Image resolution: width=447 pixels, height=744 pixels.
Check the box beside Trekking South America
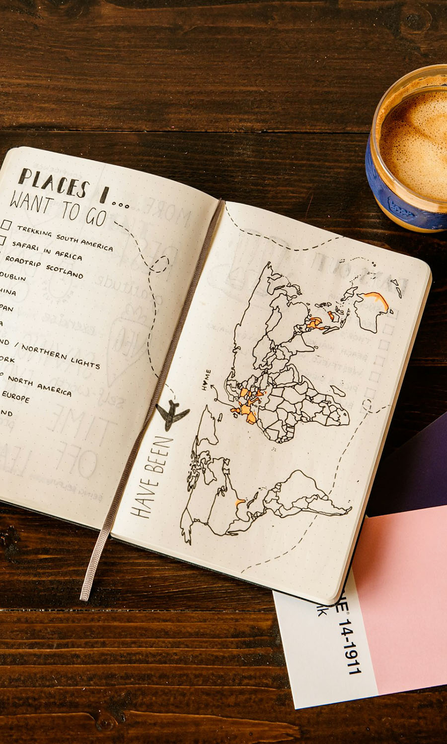click(x=6, y=225)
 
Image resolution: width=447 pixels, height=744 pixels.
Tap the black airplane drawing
click(x=172, y=413)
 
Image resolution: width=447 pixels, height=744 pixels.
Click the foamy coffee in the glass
click(x=417, y=139)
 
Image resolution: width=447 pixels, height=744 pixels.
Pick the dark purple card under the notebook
click(x=412, y=471)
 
